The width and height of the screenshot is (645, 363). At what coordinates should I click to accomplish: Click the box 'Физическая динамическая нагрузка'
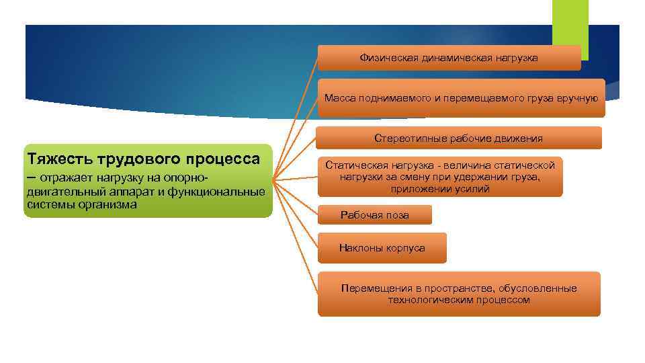coord(449,58)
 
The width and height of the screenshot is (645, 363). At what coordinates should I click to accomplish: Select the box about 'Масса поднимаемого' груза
coord(461,98)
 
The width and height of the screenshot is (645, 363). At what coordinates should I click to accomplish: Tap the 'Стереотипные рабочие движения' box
coord(459,138)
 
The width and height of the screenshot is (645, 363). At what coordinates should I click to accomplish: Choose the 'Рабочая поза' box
coord(374,215)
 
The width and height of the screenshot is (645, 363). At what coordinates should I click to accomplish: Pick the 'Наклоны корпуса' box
coord(382,248)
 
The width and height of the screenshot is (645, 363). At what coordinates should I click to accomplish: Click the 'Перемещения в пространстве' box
coord(459,294)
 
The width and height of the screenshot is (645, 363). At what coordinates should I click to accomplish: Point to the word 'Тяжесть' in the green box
coord(60,159)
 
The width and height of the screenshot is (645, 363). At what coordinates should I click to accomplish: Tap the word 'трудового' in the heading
coord(141,159)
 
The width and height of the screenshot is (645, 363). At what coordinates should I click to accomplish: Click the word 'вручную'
coord(577,98)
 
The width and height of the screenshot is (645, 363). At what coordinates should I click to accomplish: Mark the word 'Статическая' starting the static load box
coord(355,165)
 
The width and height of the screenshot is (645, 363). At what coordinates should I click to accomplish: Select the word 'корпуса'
coord(405,248)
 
